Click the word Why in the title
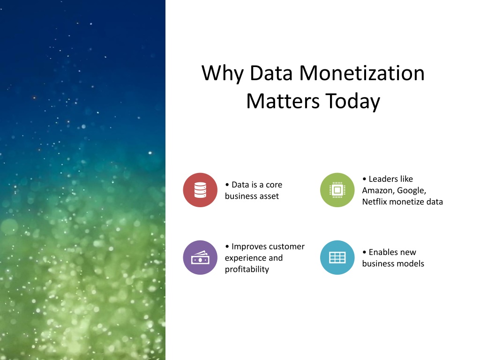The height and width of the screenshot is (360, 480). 223,74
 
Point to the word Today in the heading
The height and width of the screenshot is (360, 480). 352,102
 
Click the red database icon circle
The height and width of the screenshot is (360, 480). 200,190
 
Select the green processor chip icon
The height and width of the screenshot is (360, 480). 337,190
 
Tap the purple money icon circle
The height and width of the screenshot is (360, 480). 200,257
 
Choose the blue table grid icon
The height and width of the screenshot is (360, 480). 337,257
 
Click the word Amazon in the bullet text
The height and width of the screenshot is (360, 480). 378,190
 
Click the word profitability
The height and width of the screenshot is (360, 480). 247,270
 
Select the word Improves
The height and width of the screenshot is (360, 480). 249,247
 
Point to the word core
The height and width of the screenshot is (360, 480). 274,185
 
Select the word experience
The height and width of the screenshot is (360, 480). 241,258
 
